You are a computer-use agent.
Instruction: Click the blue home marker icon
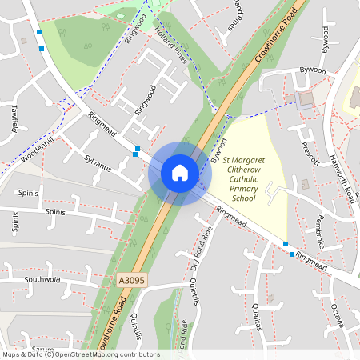pyautogui.click(x=180, y=173)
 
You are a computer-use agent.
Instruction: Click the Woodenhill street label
pyautogui.click(x=38, y=150)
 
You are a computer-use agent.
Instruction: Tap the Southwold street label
pyautogui.click(x=42, y=280)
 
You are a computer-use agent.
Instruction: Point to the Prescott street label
pyautogui.click(x=308, y=151)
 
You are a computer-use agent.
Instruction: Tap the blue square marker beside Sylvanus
pyautogui.click(x=138, y=150)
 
